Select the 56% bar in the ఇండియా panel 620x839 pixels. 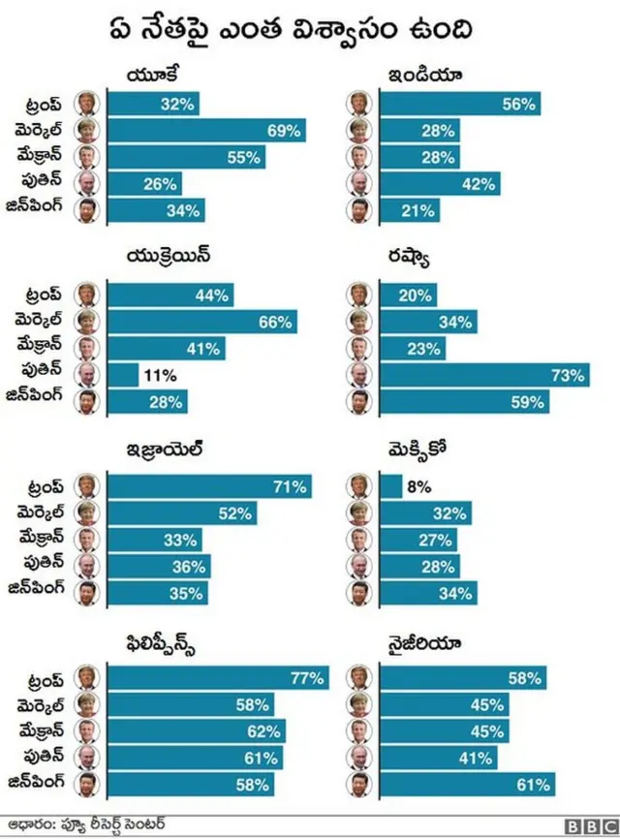coord(459,105)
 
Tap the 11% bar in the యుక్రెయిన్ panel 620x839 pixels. coord(123,375)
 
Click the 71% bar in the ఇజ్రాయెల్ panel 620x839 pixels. coord(209,486)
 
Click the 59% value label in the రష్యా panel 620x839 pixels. coord(529,401)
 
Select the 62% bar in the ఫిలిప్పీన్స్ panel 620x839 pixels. coord(198,730)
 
